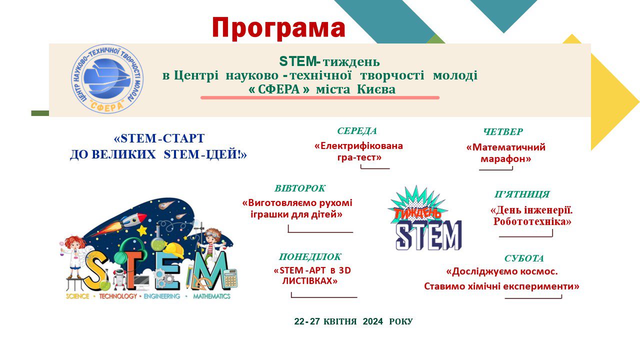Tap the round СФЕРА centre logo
[107, 79]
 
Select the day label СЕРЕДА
[357, 131]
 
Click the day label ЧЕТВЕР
[503, 131]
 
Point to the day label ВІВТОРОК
[299, 188]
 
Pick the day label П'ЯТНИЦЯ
[522, 194]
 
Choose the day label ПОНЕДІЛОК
[310, 257]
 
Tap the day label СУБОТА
[524, 258]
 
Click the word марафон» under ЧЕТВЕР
[505, 159]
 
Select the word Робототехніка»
[532, 221]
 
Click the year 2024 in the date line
[373, 321]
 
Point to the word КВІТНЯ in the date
[340, 321]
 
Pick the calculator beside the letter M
[231, 278]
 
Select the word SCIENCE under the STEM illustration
[77, 296]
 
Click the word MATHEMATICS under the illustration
[211, 296]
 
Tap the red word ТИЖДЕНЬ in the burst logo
[417, 213]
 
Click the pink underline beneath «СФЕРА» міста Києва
[320, 97]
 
